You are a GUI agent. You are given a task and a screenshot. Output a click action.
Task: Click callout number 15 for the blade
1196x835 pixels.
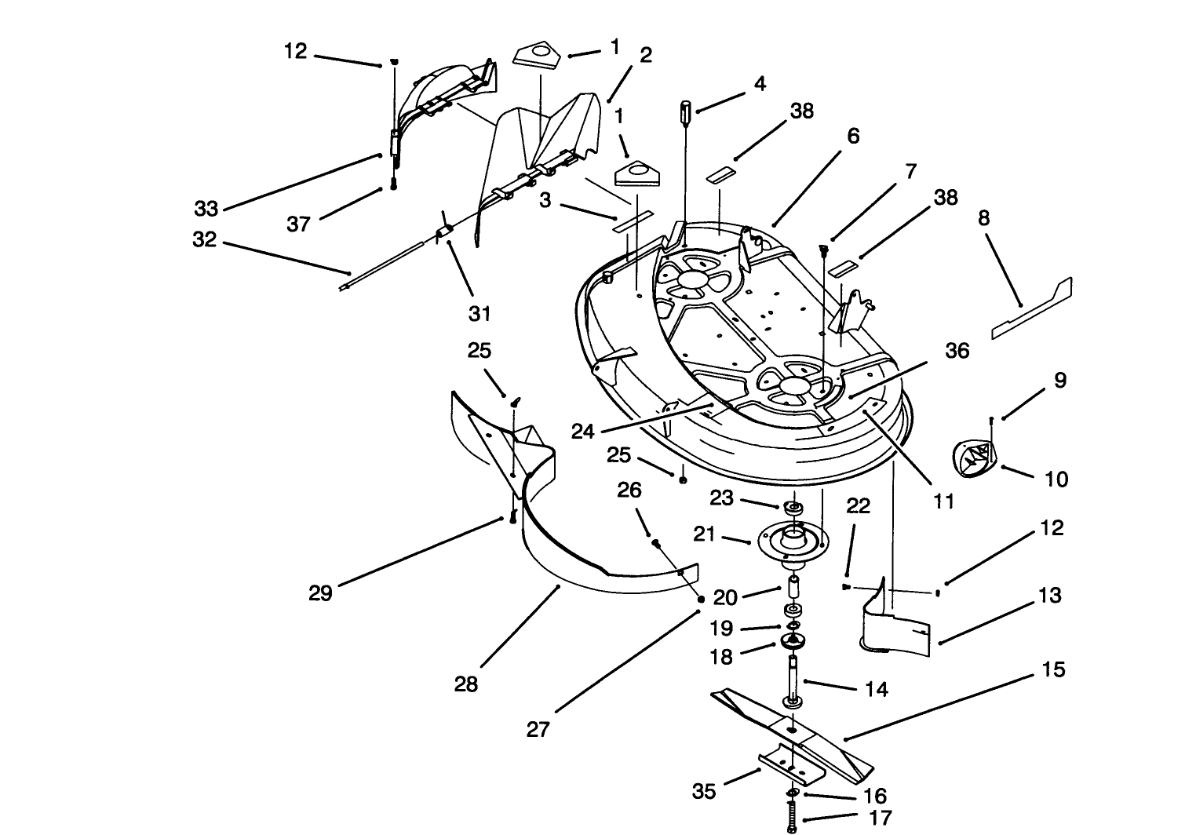pos(1053,669)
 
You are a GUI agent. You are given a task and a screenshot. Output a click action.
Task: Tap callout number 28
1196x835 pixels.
pos(465,684)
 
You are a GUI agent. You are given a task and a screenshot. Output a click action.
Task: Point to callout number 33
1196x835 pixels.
pos(206,209)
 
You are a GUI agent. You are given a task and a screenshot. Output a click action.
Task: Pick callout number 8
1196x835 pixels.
pos(983,218)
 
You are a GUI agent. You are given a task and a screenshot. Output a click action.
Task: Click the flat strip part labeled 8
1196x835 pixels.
pos(1031,309)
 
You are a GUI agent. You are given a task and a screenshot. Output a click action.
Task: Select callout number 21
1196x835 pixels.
pos(704,534)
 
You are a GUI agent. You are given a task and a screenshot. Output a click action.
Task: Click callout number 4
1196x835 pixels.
pos(760,83)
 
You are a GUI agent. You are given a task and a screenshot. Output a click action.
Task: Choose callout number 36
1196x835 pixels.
pos(957,351)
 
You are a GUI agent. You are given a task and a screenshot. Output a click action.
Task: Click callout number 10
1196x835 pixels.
pos(1057,479)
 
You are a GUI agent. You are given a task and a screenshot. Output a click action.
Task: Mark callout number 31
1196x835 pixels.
pos(479,313)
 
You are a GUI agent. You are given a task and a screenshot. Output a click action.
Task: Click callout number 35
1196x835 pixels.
pos(704,791)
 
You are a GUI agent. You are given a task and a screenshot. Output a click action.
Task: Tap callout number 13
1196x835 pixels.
pos(1049,596)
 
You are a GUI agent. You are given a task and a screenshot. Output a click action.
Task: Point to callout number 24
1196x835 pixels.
pos(582,432)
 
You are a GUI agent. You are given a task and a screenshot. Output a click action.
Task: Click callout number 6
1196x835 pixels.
pos(853,137)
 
